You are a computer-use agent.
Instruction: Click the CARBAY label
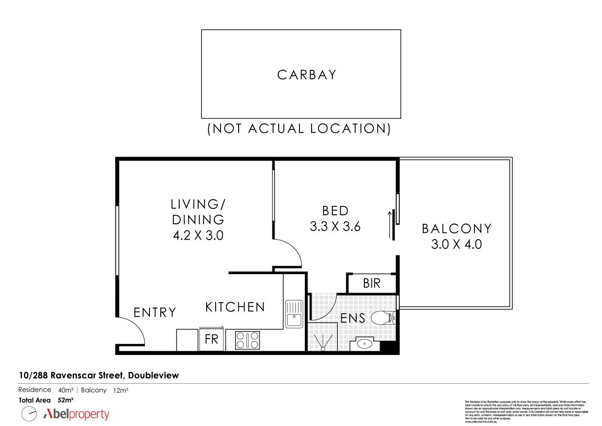click(307, 75)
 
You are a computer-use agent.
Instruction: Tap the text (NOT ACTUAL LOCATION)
click(299, 129)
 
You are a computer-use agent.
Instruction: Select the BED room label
click(335, 211)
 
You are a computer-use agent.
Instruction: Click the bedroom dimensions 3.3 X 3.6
click(335, 226)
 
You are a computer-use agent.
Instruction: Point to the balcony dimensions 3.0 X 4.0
click(457, 245)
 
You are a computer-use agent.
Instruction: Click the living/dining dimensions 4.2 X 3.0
click(198, 235)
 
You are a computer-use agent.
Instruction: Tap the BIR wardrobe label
click(371, 283)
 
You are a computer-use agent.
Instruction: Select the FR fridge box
click(212, 339)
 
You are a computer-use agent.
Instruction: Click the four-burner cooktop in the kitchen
click(247, 340)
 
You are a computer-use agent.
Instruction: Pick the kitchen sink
click(294, 314)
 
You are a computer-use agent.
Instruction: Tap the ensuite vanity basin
click(363, 344)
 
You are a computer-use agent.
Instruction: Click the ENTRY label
click(154, 313)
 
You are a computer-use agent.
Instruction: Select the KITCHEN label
click(235, 307)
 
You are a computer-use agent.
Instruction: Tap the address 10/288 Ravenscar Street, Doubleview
click(99, 375)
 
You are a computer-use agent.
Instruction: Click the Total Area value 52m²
click(65, 400)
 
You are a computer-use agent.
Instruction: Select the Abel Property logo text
click(77, 414)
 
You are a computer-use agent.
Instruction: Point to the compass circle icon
click(29, 413)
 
